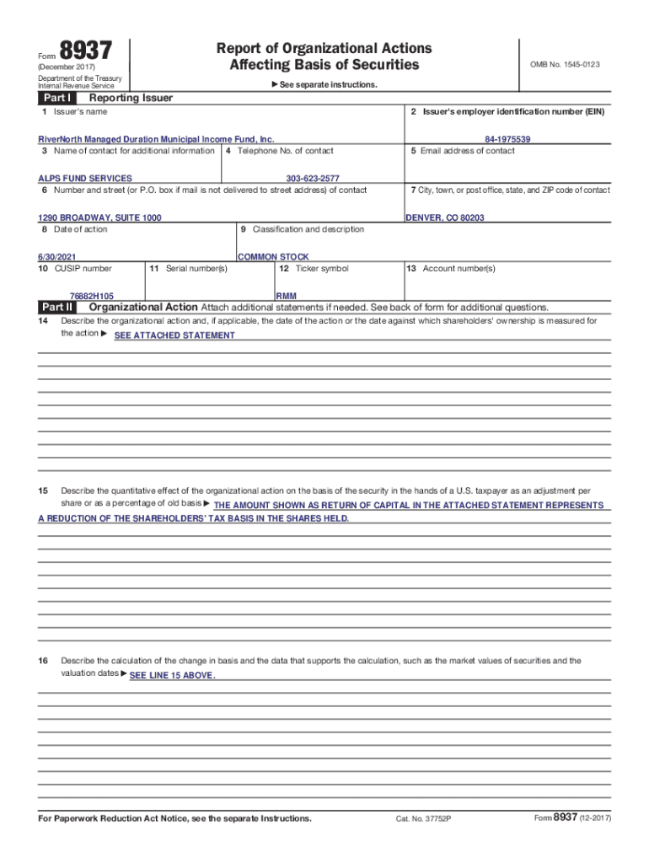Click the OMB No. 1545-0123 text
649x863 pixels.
(564, 65)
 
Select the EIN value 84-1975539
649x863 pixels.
(507, 139)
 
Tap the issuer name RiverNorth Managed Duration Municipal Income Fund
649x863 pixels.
(157, 139)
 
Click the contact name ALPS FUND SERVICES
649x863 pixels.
(85, 179)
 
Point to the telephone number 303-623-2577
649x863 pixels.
(313, 179)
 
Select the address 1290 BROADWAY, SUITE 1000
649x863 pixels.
(100, 217)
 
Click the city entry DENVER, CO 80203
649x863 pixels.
(445, 217)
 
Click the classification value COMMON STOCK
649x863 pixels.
(273, 256)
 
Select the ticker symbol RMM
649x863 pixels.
(286, 297)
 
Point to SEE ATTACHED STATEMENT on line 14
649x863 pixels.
(174, 335)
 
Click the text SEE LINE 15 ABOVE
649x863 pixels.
(173, 676)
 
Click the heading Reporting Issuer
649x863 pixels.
(125, 98)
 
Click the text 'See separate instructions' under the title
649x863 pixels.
(330, 85)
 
